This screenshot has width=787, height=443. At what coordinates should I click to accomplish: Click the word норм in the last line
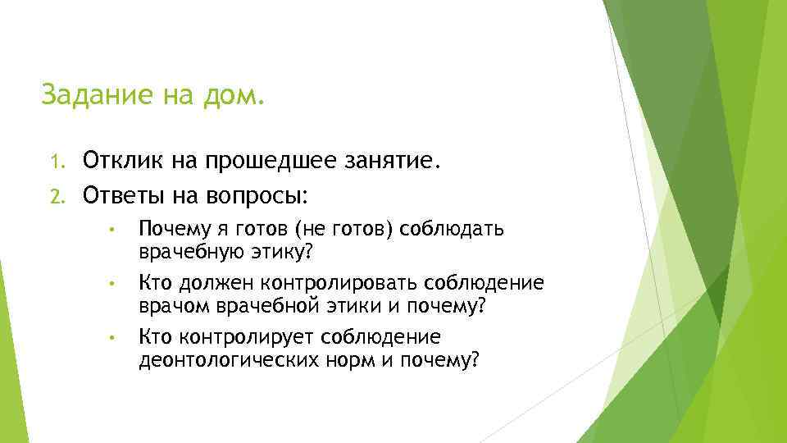click(x=356, y=361)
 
